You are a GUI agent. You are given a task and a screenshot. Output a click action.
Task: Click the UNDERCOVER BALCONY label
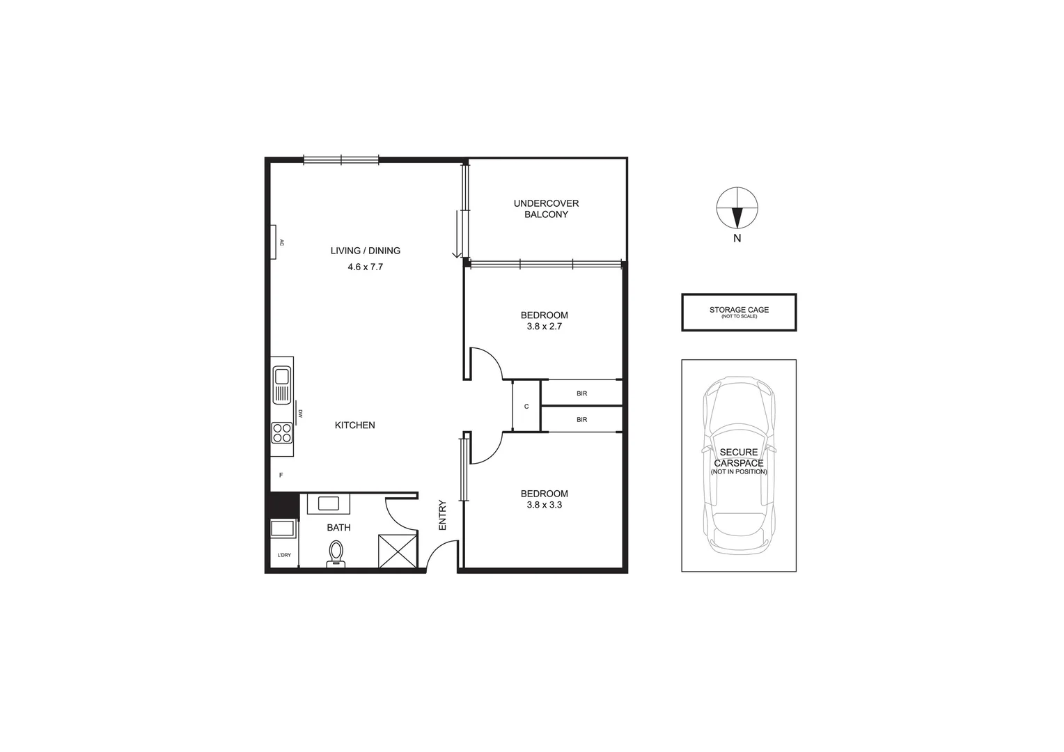pyautogui.click(x=546, y=209)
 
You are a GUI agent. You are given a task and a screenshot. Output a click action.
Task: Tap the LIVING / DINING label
pyautogui.click(x=365, y=251)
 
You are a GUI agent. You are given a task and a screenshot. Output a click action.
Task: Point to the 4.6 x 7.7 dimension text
pyautogui.click(x=365, y=267)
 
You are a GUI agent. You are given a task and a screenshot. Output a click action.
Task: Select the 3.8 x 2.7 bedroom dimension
pyautogui.click(x=544, y=326)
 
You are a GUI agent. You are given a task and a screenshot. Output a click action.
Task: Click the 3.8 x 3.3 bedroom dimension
pyautogui.click(x=544, y=505)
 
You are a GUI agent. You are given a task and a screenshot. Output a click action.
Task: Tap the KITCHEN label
pyautogui.click(x=354, y=425)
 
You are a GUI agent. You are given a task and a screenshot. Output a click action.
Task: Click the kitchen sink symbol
pyautogui.click(x=282, y=384)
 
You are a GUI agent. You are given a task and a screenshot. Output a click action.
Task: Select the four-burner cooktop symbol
pyautogui.click(x=282, y=432)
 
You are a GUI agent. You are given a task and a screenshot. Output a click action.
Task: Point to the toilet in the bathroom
pyautogui.click(x=336, y=554)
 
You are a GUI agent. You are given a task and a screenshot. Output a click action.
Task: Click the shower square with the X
pyautogui.click(x=397, y=551)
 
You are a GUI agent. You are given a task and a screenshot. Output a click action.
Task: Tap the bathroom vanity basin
pyautogui.click(x=328, y=503)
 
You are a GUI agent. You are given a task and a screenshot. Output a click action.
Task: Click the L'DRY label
pyautogui.click(x=284, y=555)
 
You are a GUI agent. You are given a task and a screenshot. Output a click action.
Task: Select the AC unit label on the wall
pyautogui.click(x=281, y=243)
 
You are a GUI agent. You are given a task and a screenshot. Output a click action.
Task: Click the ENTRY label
pyautogui.click(x=442, y=515)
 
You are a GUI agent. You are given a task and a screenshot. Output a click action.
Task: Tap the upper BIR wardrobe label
pyautogui.click(x=581, y=393)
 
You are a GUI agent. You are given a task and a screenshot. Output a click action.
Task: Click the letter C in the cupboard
pyautogui.click(x=526, y=407)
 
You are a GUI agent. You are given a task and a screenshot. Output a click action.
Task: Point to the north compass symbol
pyautogui.click(x=737, y=208)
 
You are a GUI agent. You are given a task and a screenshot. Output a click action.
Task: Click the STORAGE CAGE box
pyautogui.click(x=739, y=312)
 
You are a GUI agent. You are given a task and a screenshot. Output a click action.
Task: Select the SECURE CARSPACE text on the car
pyautogui.click(x=739, y=458)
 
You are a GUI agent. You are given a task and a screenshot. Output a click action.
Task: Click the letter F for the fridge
pyautogui.click(x=281, y=476)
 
